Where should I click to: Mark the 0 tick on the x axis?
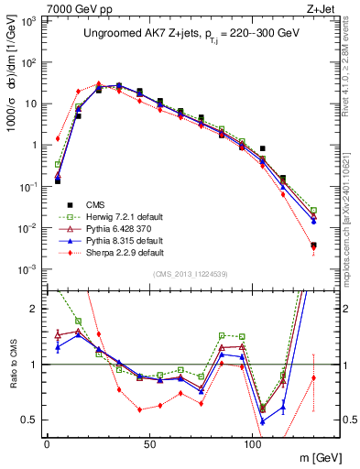coord(46,441)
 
